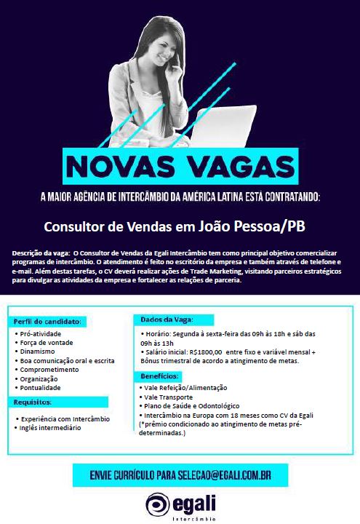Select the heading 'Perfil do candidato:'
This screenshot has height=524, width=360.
click(x=48, y=321)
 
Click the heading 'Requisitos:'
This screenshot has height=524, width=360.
click(x=34, y=401)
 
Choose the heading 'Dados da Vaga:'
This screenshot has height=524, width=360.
click(x=167, y=319)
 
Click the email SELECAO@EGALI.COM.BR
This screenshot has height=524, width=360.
click(x=224, y=475)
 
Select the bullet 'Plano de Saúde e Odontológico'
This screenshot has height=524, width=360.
click(x=192, y=406)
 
